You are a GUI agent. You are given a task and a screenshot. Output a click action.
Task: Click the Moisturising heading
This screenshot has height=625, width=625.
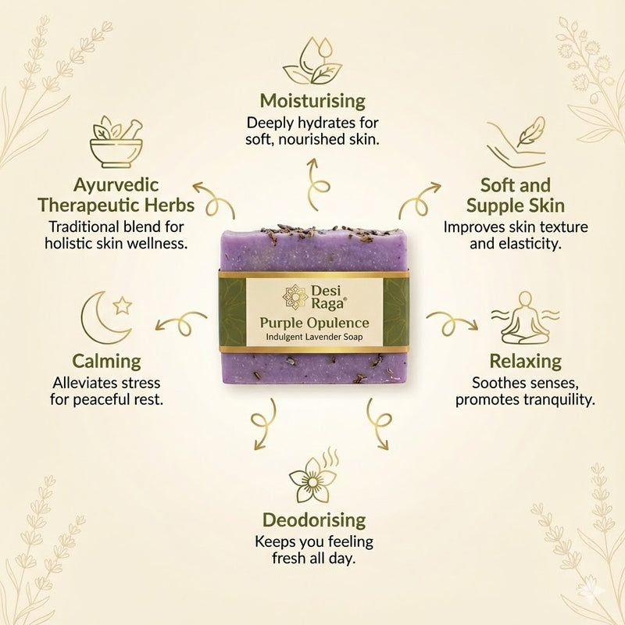(312, 101)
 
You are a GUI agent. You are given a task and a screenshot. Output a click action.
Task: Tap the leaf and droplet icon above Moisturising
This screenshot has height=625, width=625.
(312, 62)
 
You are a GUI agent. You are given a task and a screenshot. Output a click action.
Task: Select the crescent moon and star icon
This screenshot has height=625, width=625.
(105, 317)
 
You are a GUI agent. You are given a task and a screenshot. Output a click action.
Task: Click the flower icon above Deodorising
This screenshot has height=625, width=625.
(312, 478)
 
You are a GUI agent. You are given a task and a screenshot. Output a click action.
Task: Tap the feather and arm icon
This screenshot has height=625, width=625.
(515, 143)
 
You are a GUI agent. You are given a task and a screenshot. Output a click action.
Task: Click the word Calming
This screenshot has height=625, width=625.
(107, 361)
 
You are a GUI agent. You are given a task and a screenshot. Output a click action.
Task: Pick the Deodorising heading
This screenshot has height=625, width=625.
(313, 520)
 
